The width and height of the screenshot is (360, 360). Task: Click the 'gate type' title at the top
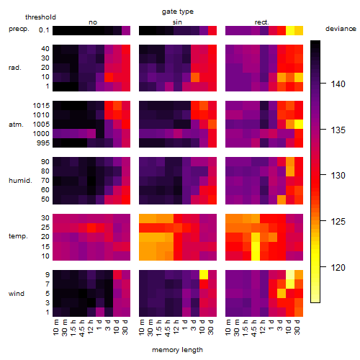click(x=178, y=12)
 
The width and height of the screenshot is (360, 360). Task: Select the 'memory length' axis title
click(x=177, y=350)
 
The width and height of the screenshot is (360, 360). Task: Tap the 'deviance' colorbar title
click(x=341, y=29)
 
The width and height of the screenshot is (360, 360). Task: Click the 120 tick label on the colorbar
click(x=338, y=267)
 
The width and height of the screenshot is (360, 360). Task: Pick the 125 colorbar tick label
click(x=338, y=221)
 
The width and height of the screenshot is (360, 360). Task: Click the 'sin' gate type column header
click(x=177, y=22)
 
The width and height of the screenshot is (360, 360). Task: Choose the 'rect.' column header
click(x=262, y=22)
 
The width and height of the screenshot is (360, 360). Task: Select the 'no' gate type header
click(x=93, y=22)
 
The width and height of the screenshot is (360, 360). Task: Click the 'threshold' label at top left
click(x=40, y=17)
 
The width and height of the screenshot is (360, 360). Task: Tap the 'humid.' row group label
click(x=20, y=181)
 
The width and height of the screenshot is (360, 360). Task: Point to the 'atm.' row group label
click(x=16, y=125)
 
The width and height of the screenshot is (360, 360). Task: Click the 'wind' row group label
click(x=17, y=294)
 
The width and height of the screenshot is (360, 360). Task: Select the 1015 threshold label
click(x=41, y=106)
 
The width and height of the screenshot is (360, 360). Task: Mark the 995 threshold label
click(x=43, y=143)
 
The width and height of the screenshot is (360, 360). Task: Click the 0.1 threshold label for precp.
click(x=44, y=30)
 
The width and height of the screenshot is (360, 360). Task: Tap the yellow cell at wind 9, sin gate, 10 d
click(x=204, y=274)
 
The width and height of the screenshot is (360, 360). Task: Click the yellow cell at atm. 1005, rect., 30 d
click(x=299, y=125)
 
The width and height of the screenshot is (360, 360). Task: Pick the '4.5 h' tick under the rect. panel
click(x=254, y=328)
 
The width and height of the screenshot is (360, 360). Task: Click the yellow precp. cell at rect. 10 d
click(x=290, y=30)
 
